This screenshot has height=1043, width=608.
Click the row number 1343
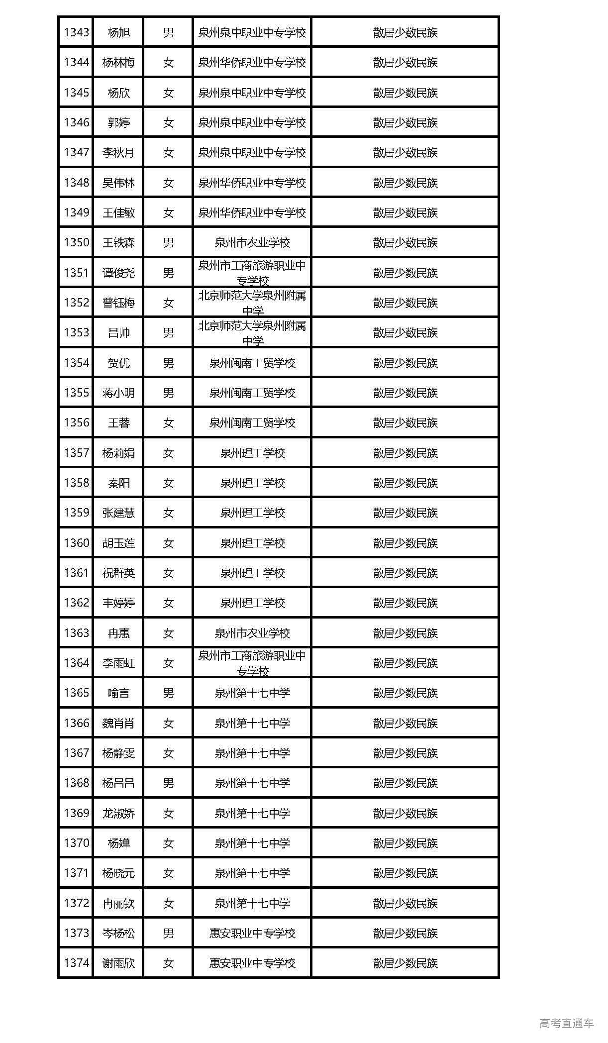click(76, 33)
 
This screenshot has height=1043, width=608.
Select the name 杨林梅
click(118, 63)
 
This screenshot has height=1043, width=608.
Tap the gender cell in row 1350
click(168, 243)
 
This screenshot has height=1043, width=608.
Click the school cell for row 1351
click(252, 273)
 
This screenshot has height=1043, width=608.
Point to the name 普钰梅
click(118, 303)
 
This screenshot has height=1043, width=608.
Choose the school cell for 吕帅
click(252, 333)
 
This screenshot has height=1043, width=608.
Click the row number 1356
click(76, 423)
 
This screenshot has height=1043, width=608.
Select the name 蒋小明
click(118, 393)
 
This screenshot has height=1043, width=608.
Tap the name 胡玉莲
click(118, 543)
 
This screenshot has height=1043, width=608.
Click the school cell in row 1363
click(252, 633)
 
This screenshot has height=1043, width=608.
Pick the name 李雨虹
click(118, 663)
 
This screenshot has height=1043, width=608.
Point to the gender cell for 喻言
click(168, 693)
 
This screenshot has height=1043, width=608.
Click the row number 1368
click(76, 783)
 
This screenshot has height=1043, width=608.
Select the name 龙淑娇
click(118, 814)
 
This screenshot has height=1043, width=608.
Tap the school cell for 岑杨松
click(252, 934)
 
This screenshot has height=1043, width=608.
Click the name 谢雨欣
click(118, 963)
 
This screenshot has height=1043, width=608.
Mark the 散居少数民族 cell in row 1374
click(405, 963)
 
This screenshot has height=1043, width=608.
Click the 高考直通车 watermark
click(567, 1023)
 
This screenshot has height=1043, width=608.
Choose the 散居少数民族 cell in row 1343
click(405, 33)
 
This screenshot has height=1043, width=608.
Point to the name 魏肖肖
click(118, 724)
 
